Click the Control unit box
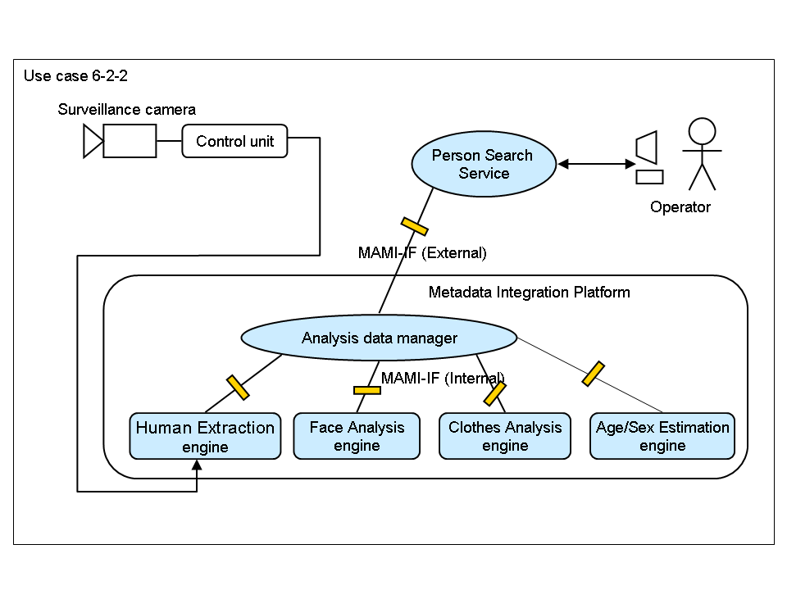[x=234, y=141]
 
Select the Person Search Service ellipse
[x=483, y=164]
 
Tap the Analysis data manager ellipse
[x=379, y=338]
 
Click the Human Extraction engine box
[x=205, y=437]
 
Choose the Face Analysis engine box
[x=357, y=436]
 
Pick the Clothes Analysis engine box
[x=505, y=436]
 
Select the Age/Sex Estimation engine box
[x=662, y=436]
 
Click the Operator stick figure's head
[x=702, y=131]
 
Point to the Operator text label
[x=680, y=207]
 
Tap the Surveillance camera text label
[x=127, y=109]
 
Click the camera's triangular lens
[x=93, y=142]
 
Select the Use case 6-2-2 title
[x=75, y=76]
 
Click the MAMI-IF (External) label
[x=422, y=253]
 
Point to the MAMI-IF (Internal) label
[x=443, y=377]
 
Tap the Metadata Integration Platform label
[x=530, y=292]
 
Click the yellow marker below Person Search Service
[x=414, y=225]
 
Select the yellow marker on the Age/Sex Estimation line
[x=594, y=373]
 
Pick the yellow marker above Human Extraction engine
[x=238, y=387]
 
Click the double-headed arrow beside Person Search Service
[x=597, y=164]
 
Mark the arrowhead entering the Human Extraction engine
[x=197, y=465]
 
